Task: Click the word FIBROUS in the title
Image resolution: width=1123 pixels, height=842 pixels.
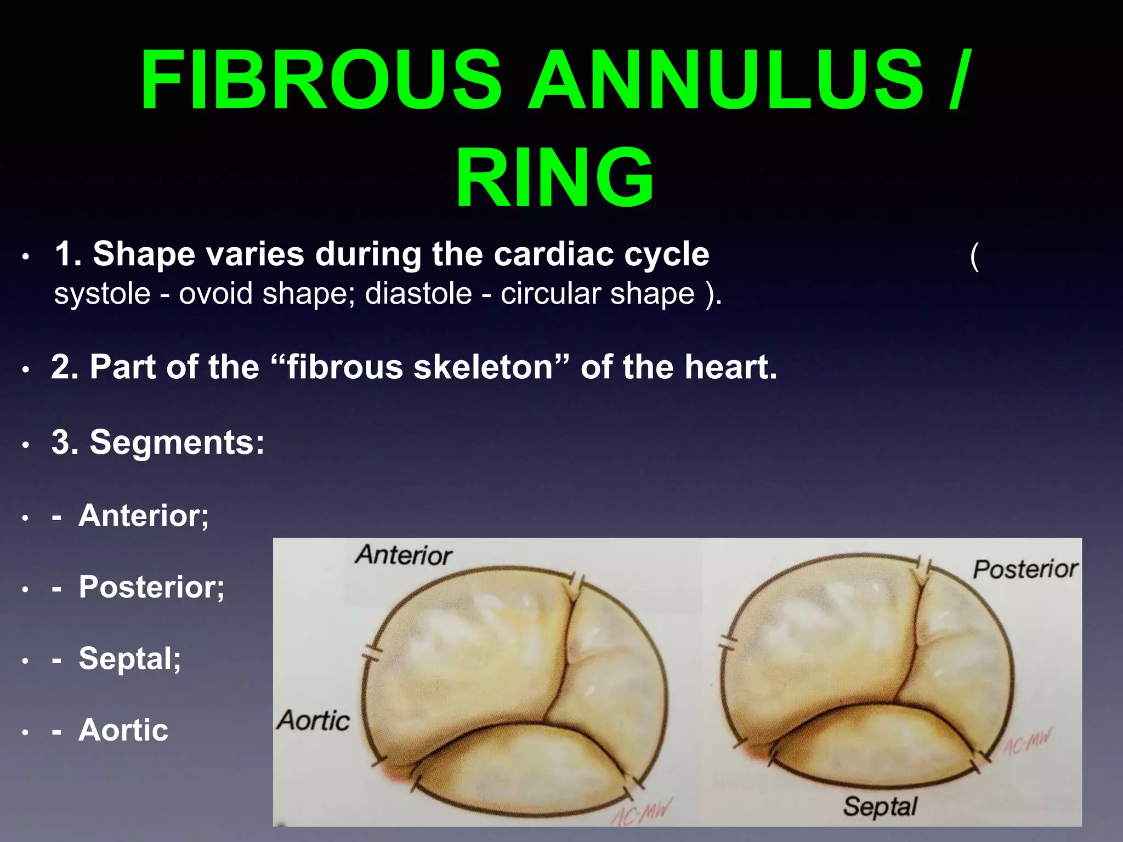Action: pos(321,81)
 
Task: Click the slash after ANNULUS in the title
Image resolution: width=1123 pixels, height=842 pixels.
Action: pos(958,81)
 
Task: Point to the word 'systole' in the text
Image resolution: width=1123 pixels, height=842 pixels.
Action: pos(102,294)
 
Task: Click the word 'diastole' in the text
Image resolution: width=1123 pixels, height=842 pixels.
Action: pos(418,294)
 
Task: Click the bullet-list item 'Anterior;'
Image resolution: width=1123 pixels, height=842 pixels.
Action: pos(144,516)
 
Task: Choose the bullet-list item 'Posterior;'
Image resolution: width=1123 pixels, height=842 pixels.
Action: pos(151,587)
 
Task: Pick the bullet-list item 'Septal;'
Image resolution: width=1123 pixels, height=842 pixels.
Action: pos(129,658)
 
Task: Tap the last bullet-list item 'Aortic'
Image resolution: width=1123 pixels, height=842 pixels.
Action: pos(123,730)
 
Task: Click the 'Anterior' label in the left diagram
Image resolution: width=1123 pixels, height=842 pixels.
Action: pos(404,555)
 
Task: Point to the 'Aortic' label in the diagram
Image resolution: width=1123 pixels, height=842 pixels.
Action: pos(313,720)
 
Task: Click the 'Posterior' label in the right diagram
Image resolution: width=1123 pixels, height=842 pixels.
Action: pos(1025,570)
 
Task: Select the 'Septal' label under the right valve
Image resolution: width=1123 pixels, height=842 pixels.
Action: pos(880,807)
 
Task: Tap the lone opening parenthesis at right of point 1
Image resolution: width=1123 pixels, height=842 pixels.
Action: pos(974,256)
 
